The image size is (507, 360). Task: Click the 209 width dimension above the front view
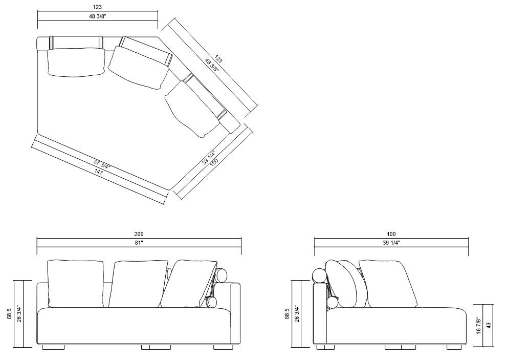(139, 234)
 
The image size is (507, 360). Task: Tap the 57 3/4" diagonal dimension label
(102, 165)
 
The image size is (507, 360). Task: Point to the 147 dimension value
(98, 173)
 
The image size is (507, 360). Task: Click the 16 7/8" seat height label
(479, 325)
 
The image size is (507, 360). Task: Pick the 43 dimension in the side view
(488, 325)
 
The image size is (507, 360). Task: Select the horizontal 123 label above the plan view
(97, 7)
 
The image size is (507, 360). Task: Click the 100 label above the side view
(391, 234)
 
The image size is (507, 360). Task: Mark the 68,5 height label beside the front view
(9, 312)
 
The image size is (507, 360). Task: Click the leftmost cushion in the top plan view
(75, 62)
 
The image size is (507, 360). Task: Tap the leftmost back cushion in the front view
(75, 284)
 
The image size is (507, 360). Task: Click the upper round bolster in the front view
(222, 276)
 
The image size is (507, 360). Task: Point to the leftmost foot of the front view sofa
(53, 347)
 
